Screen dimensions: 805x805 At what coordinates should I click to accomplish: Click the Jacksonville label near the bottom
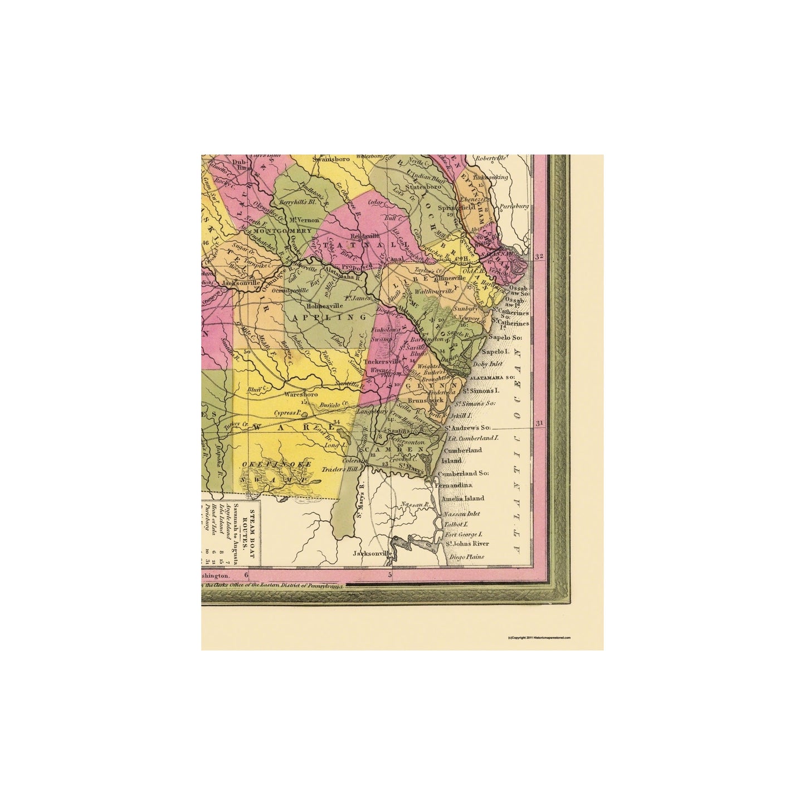point(373,554)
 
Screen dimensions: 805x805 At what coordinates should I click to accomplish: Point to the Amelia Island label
point(462,499)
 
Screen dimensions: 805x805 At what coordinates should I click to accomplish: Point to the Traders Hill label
point(340,470)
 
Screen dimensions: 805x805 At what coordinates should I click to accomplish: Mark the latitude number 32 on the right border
point(539,257)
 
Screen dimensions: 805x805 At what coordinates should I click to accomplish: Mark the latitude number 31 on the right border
point(539,423)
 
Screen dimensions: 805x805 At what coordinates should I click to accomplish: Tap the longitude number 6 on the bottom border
point(246,574)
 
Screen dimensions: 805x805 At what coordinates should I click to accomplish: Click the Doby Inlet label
point(487,364)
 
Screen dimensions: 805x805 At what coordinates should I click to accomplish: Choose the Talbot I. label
point(454,524)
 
